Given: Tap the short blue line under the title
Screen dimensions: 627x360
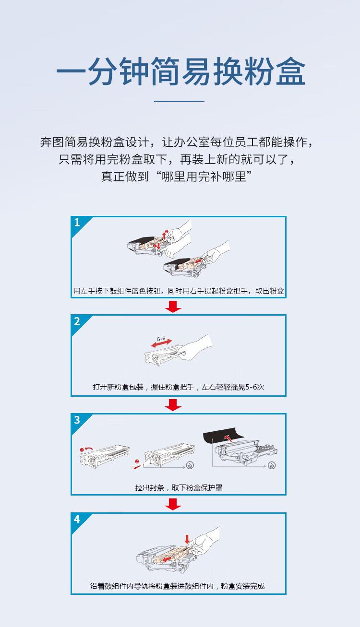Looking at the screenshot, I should [179, 101].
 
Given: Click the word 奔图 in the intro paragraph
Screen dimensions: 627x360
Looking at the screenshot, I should [52, 142].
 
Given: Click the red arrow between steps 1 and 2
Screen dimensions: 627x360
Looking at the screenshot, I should [173, 307].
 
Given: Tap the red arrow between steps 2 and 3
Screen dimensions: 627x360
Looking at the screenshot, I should [173, 405].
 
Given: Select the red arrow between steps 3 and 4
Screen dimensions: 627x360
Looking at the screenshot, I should [173, 504].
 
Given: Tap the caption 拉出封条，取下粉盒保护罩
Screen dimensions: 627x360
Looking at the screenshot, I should [179, 487].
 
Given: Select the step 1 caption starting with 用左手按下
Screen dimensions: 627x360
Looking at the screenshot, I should [179, 291].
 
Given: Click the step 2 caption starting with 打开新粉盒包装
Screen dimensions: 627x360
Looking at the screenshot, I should [179, 387].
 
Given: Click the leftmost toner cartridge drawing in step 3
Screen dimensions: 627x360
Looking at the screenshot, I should [105, 454].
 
